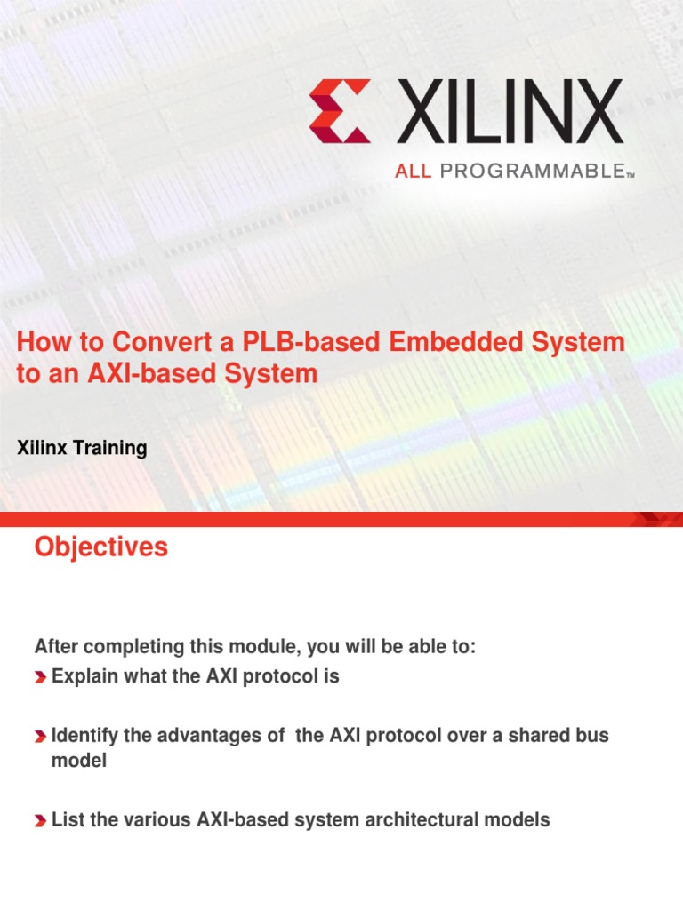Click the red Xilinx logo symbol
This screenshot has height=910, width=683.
click(340, 110)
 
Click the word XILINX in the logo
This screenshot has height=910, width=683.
click(509, 110)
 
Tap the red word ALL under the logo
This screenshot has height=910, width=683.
click(413, 172)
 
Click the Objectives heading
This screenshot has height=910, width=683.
click(100, 547)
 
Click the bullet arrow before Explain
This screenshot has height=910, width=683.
click(41, 678)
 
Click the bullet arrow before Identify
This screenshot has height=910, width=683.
click(41, 738)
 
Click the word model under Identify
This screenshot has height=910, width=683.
click(79, 762)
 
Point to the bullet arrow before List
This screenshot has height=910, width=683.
click(41, 821)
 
